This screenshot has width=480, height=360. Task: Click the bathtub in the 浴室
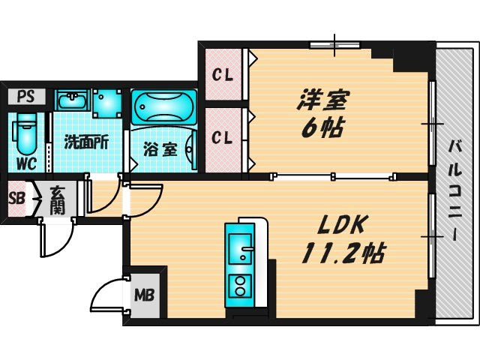click(x=163, y=107)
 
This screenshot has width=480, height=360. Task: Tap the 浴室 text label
click(x=160, y=148)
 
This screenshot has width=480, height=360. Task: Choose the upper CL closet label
click(x=220, y=75)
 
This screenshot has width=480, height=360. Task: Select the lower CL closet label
click(x=220, y=138)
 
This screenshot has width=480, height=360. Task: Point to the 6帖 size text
click(x=322, y=128)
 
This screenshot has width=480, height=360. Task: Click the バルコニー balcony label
click(x=455, y=188)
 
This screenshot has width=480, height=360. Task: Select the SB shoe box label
click(x=15, y=199)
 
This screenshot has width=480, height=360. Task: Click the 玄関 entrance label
click(x=57, y=199)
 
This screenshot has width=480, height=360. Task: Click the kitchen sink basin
click(x=241, y=246)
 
